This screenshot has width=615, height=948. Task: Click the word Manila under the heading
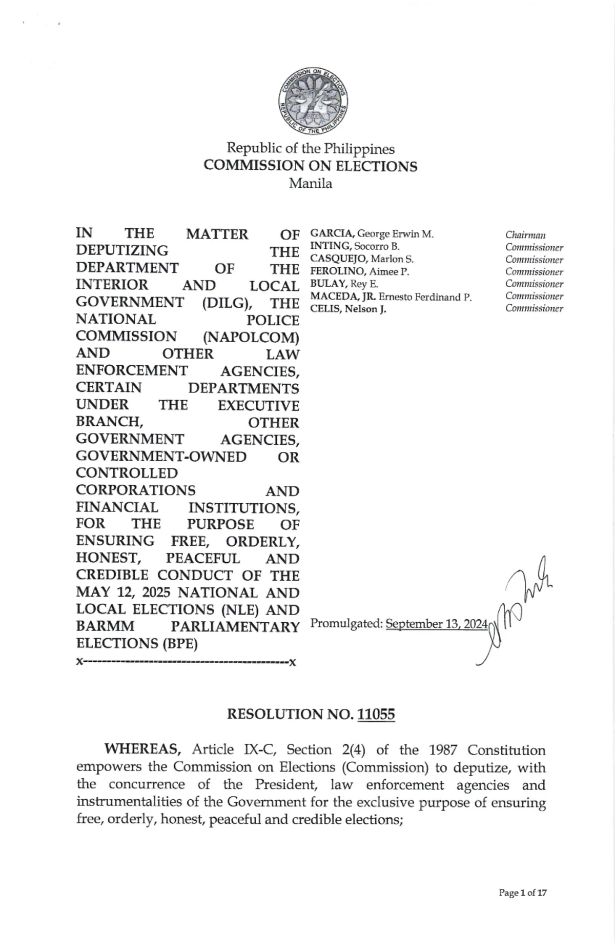tap(310, 184)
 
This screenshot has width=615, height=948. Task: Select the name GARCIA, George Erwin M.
tap(372, 234)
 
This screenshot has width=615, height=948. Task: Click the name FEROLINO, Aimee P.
tap(360, 272)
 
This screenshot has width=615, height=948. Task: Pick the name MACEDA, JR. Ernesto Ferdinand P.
tap(391, 297)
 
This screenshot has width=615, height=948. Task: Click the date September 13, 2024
tap(436, 624)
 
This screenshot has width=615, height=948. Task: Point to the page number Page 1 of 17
tap(523, 893)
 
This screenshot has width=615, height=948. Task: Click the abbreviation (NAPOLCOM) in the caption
tap(251, 338)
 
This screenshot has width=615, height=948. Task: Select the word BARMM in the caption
tap(105, 626)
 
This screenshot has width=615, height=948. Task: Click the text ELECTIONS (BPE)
tap(137, 643)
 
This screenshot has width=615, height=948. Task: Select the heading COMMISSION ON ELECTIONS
tap(310, 166)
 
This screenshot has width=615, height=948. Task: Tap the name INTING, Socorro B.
tap(355, 247)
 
